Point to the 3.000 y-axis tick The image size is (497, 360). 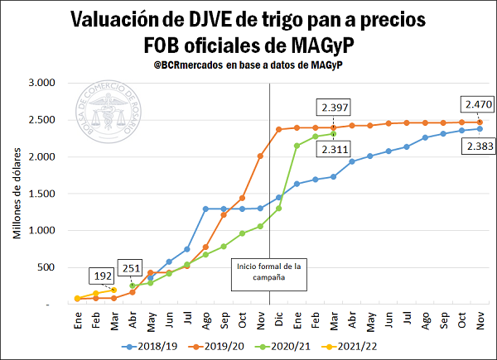pyautogui.click(x=40, y=84)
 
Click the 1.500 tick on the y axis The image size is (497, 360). pyautogui.click(x=40, y=194)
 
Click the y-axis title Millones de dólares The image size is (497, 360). pyautogui.click(x=17, y=194)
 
